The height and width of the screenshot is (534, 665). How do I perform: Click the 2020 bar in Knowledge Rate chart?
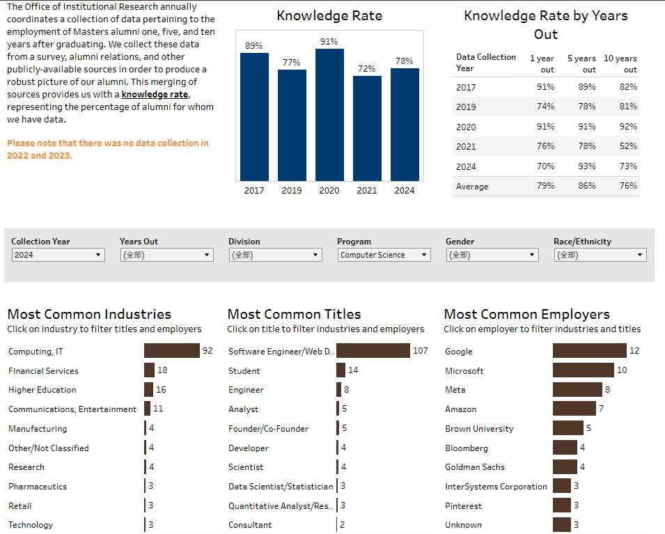(329, 115)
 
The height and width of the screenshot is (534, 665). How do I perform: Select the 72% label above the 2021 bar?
(367, 69)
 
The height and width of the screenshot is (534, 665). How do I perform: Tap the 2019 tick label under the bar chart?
(292, 191)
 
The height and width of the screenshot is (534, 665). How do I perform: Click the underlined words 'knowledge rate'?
(155, 95)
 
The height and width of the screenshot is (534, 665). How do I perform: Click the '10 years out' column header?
(620, 64)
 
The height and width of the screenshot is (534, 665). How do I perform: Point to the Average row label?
(472, 187)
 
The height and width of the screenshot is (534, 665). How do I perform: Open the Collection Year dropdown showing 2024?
(58, 255)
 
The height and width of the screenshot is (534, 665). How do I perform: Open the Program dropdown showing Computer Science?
(384, 255)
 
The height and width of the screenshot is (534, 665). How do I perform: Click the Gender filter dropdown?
(492, 255)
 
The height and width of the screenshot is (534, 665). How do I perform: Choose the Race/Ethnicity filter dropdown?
(601, 255)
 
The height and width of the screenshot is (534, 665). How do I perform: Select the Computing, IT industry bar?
(172, 351)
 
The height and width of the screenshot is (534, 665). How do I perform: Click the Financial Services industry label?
(43, 371)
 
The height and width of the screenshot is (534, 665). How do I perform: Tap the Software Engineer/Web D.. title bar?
(373, 351)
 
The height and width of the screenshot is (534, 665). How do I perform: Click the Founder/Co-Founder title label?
(268, 429)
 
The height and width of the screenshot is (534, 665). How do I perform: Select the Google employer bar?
(590, 351)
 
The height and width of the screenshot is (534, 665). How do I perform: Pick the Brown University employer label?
(479, 429)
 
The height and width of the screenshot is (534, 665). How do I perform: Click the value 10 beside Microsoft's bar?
(622, 370)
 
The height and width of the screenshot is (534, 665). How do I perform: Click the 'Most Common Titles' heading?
(294, 314)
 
